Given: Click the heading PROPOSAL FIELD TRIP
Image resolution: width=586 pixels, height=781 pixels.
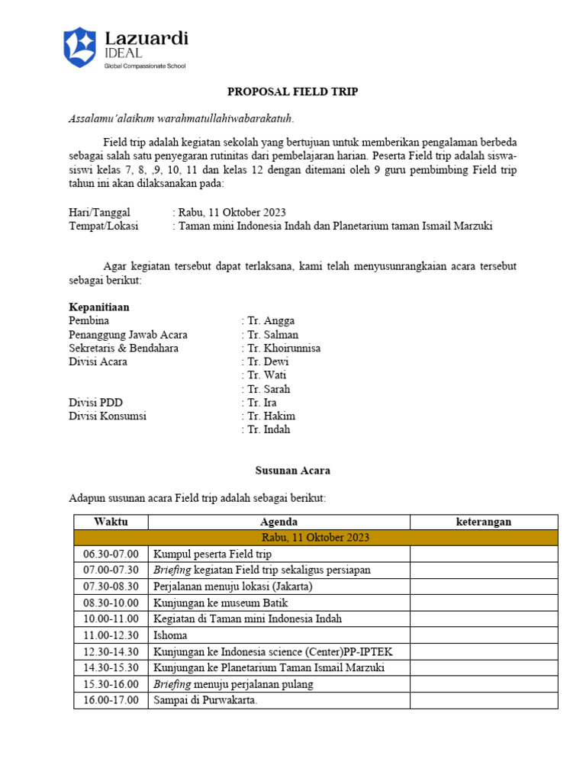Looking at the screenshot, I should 293,92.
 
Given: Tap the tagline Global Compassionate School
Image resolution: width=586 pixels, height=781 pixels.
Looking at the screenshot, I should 145,66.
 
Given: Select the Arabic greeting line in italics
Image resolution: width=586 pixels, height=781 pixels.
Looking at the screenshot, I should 181,118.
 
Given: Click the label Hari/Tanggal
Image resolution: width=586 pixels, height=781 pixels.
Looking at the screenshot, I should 99,212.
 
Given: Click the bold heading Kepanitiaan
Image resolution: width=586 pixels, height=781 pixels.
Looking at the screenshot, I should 99,307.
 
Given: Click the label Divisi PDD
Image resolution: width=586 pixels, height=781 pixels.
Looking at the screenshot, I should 95,403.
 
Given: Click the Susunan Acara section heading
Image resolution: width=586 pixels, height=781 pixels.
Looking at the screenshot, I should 293,471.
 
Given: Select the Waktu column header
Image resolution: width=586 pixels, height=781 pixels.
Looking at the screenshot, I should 111,522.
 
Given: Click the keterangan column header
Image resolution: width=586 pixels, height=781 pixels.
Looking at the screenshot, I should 484,522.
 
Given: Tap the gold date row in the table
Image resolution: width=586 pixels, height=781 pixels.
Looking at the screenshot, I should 316,538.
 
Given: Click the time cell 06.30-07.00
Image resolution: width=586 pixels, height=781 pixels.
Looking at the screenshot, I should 111,554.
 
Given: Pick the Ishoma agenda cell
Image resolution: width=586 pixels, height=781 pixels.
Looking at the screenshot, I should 170,635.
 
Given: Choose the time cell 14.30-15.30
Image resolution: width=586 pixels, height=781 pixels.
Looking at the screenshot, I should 111,668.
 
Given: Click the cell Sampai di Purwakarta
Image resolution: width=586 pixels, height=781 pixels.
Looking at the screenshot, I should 205,700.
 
